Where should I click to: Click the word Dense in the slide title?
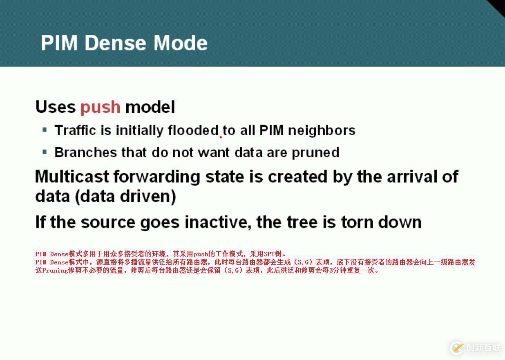tap(115, 43)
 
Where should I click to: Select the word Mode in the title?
tap(181, 43)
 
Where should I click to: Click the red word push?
tap(101, 108)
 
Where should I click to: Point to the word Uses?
tap(56, 107)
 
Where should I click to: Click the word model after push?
tap(150, 107)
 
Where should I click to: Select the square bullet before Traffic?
tap(45, 130)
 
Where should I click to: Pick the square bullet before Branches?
tap(45, 152)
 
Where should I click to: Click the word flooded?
tap(193, 130)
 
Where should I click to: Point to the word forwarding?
tap(156, 177)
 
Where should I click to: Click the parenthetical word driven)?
tap(148, 197)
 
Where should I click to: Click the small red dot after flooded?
tap(221, 136)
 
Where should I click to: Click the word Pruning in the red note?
tap(55, 270)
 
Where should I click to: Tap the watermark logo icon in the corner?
tap(457, 348)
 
